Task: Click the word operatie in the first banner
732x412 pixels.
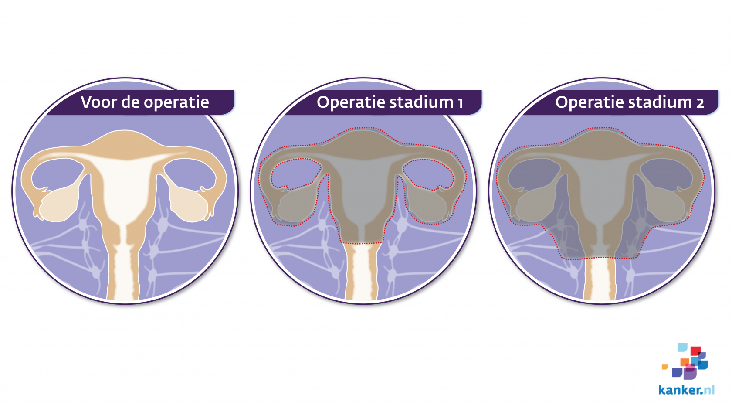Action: (176, 103)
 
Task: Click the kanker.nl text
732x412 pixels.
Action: (686, 390)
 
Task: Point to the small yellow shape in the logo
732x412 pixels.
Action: (664, 367)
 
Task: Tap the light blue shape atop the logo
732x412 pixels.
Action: (682, 347)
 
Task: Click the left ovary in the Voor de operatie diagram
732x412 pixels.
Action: (58, 205)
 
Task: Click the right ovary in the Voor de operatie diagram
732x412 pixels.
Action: (189, 205)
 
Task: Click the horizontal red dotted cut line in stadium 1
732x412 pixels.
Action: (362, 243)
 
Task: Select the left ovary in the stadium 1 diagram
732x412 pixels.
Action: (297, 205)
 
